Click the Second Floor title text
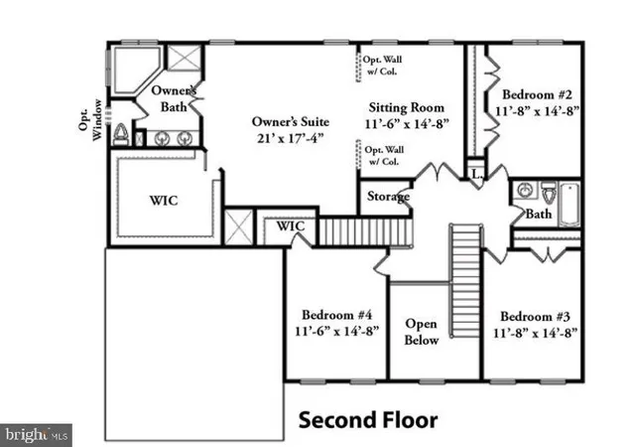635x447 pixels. pyautogui.click(x=368, y=420)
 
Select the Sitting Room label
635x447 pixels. pyautogui.click(x=406, y=107)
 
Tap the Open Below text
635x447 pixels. pyautogui.click(x=421, y=332)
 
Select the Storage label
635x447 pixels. pyautogui.click(x=388, y=197)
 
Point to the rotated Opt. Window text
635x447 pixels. pyautogui.click(x=96, y=121)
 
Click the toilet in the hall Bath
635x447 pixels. pyautogui.click(x=550, y=190)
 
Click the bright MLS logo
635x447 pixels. pyautogui.click(x=37, y=434)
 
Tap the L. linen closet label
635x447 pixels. pyautogui.click(x=477, y=174)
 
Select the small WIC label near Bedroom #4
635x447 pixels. pyautogui.click(x=290, y=226)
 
